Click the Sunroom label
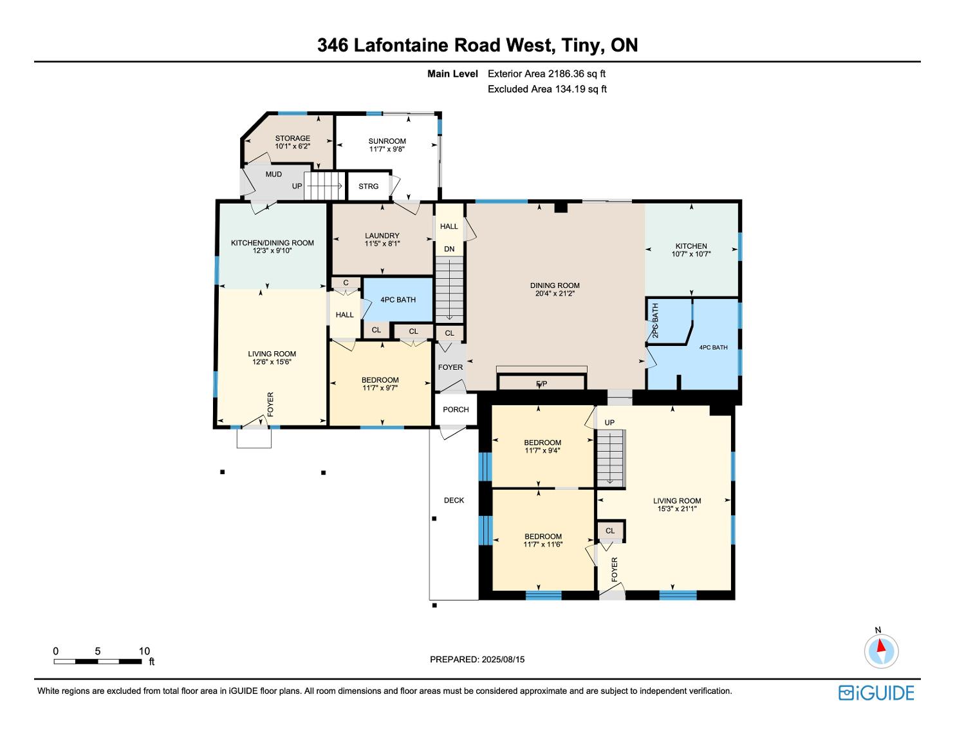pyautogui.click(x=387, y=141)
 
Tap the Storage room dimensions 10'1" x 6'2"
pyautogui.click(x=292, y=147)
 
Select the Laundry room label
pyautogui.click(x=382, y=236)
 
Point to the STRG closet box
pyautogui.click(x=369, y=186)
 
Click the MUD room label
pyautogui.click(x=274, y=174)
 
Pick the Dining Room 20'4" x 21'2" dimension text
pyautogui.click(x=555, y=294)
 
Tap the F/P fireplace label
pyautogui.click(x=541, y=384)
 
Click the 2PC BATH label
pyautogui.click(x=655, y=321)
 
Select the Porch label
pyautogui.click(x=456, y=410)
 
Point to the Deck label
pyautogui.click(x=454, y=501)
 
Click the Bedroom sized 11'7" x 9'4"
pyautogui.click(x=542, y=446)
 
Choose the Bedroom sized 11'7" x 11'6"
pyautogui.click(x=543, y=541)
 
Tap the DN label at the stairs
pyautogui.click(x=449, y=249)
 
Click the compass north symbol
pyautogui.click(x=880, y=650)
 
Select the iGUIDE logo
pyautogui.click(x=876, y=693)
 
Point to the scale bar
pyautogui.click(x=97, y=662)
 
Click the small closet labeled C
pyautogui.click(x=346, y=283)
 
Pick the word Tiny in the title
pyautogui.click(x=582, y=45)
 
